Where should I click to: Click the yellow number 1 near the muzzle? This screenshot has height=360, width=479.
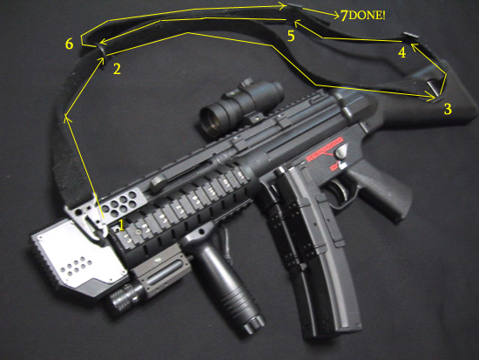[x=122, y=226]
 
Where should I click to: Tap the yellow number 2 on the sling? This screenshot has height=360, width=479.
[x=117, y=69]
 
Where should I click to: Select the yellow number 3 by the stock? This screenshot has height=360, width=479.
[x=448, y=109]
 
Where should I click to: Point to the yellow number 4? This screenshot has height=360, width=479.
[x=402, y=52]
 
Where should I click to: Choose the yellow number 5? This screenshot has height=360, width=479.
[x=291, y=36]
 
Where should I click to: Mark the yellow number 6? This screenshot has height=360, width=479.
[x=70, y=44]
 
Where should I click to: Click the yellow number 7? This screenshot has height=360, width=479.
[x=344, y=16]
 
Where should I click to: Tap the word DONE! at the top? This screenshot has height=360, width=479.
[x=367, y=16]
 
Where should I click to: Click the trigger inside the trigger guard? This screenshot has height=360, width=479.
[x=342, y=190]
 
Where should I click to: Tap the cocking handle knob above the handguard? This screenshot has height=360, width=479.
[x=157, y=184]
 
